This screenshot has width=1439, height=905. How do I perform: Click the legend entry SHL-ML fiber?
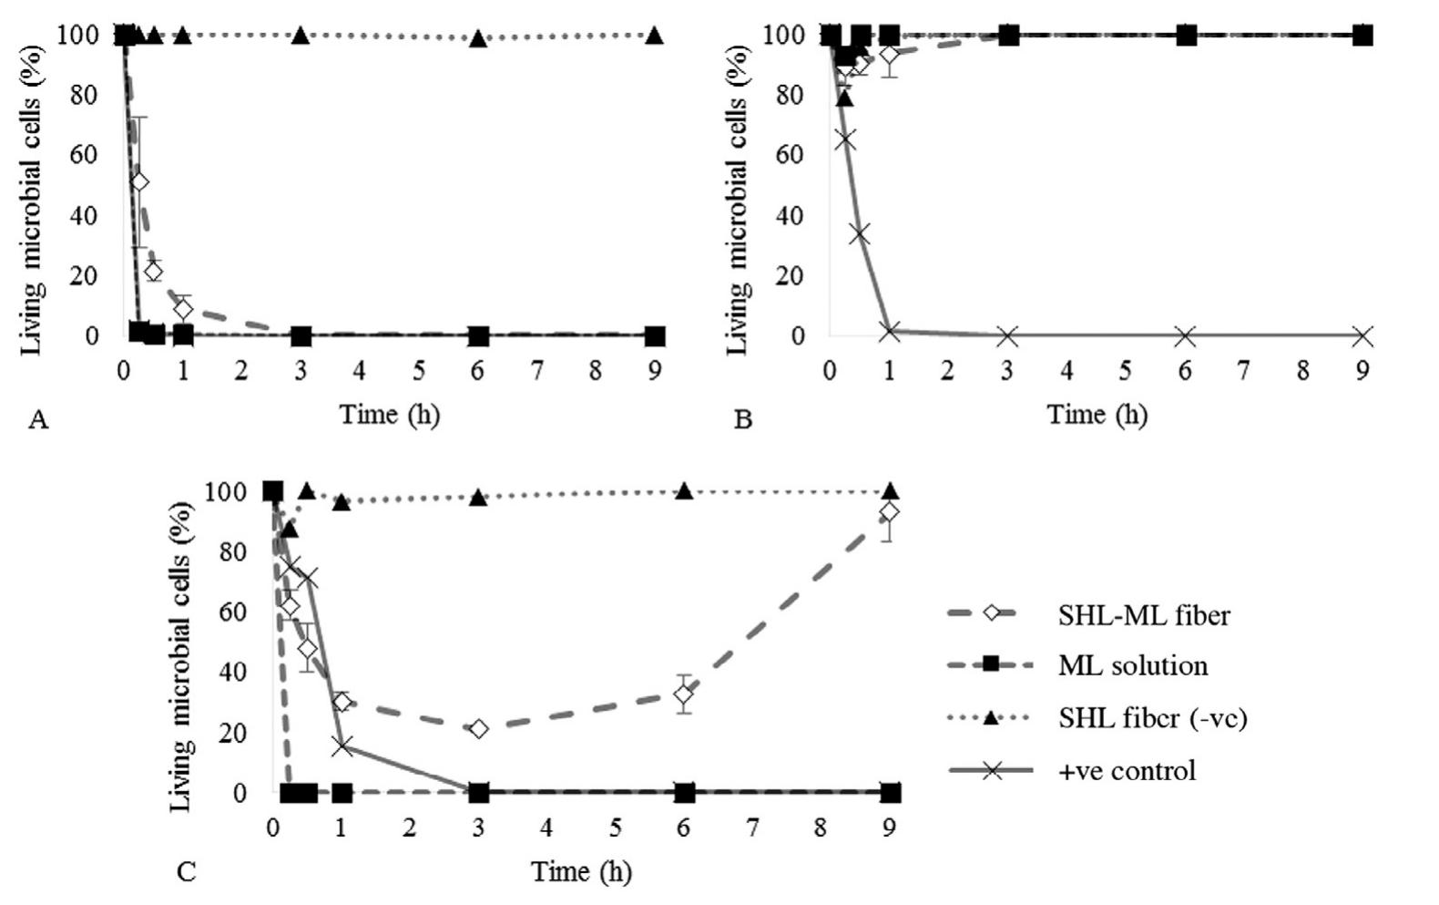coord(1143,616)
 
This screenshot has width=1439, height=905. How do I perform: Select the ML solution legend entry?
coord(1132,665)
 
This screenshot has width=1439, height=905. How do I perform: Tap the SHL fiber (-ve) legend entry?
coord(1152,718)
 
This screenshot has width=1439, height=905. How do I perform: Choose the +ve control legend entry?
coord(1127,771)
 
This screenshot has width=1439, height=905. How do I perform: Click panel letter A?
coord(38,419)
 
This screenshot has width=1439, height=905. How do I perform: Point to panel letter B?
coord(743,420)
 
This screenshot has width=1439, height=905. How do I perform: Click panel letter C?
coord(186,873)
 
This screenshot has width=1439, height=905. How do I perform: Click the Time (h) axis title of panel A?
coord(390,415)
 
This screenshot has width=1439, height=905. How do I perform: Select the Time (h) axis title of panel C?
coord(581,872)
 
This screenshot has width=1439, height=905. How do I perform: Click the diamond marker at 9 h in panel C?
coord(890,513)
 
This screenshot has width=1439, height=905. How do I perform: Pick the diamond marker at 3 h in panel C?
coord(479,729)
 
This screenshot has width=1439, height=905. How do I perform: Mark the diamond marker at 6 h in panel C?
coord(685,694)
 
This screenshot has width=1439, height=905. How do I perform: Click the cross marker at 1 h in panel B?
coord(890,332)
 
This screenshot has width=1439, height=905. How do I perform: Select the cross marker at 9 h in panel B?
coord(1362,336)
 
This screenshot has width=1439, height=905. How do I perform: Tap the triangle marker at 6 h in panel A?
coord(478,39)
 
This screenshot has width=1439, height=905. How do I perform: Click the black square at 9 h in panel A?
coord(655,336)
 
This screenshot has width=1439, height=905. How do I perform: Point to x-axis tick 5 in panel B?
coord(1126,371)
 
